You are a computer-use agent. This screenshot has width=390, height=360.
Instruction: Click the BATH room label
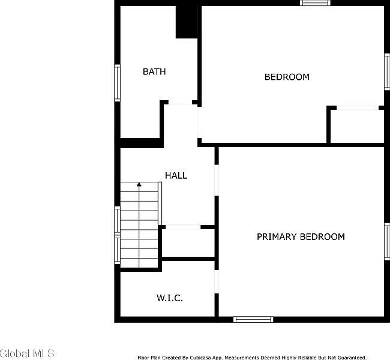tap(154, 71)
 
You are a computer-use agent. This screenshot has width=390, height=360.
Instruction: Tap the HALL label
tap(176, 176)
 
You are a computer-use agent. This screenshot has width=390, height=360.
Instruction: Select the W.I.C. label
tap(170, 298)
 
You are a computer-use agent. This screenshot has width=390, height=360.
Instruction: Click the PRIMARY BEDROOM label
tap(301, 236)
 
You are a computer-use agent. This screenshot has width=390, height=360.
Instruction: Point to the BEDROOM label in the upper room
tap(287, 77)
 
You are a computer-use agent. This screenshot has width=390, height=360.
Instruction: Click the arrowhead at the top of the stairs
tap(139, 184)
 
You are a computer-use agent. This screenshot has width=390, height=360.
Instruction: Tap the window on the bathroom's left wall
tap(117, 83)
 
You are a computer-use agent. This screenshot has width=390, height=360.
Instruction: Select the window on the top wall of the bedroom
tap(315, 3)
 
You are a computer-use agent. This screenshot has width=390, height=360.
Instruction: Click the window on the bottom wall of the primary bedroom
tap(253, 319)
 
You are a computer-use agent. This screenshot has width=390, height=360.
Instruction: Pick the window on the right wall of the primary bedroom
tap(387, 242)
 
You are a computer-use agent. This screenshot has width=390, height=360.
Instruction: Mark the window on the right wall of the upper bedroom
tap(387, 71)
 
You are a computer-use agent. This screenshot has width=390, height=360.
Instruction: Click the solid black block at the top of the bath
tap(187, 22)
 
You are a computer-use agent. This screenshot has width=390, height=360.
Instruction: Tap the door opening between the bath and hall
tap(181, 103)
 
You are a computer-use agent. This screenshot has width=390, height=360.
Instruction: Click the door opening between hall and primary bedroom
tap(217, 180)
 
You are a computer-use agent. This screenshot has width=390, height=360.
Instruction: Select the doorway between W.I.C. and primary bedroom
tap(217, 281)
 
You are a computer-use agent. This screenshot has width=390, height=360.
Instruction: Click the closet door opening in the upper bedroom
tap(358, 108)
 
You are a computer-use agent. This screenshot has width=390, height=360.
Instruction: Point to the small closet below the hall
tap(188, 243)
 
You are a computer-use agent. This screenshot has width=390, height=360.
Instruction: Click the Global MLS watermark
tap(27, 353)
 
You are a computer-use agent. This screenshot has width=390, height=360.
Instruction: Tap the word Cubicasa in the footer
tap(200, 358)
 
